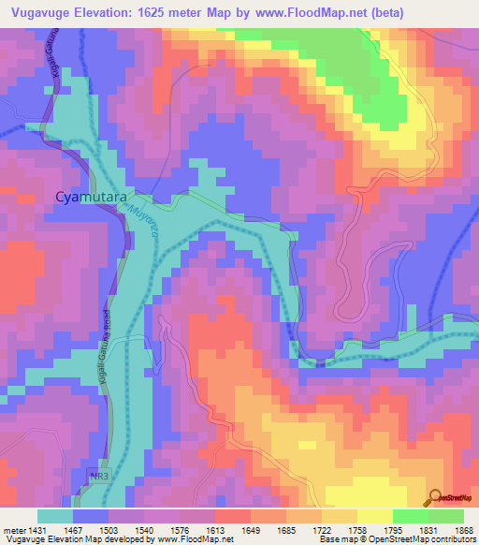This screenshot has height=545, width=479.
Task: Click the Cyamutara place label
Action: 83,198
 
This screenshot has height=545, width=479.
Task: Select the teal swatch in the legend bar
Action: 55,516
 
